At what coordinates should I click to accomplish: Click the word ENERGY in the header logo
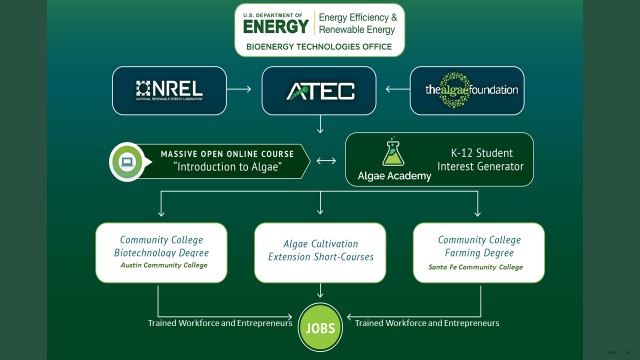click(x=277, y=25)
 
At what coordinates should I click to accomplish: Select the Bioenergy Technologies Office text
click(x=319, y=46)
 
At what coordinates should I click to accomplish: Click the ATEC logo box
click(x=319, y=91)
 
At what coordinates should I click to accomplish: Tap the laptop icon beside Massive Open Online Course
click(x=129, y=161)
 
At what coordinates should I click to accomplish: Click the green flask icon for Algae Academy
click(x=393, y=153)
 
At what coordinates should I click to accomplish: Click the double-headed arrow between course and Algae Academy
click(x=326, y=160)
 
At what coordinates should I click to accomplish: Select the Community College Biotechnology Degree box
click(x=160, y=252)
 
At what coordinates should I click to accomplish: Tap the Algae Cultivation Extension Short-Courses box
click(x=319, y=251)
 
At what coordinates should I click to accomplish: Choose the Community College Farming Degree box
click(x=478, y=252)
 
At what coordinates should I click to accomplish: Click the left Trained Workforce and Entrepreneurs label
click(x=220, y=323)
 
